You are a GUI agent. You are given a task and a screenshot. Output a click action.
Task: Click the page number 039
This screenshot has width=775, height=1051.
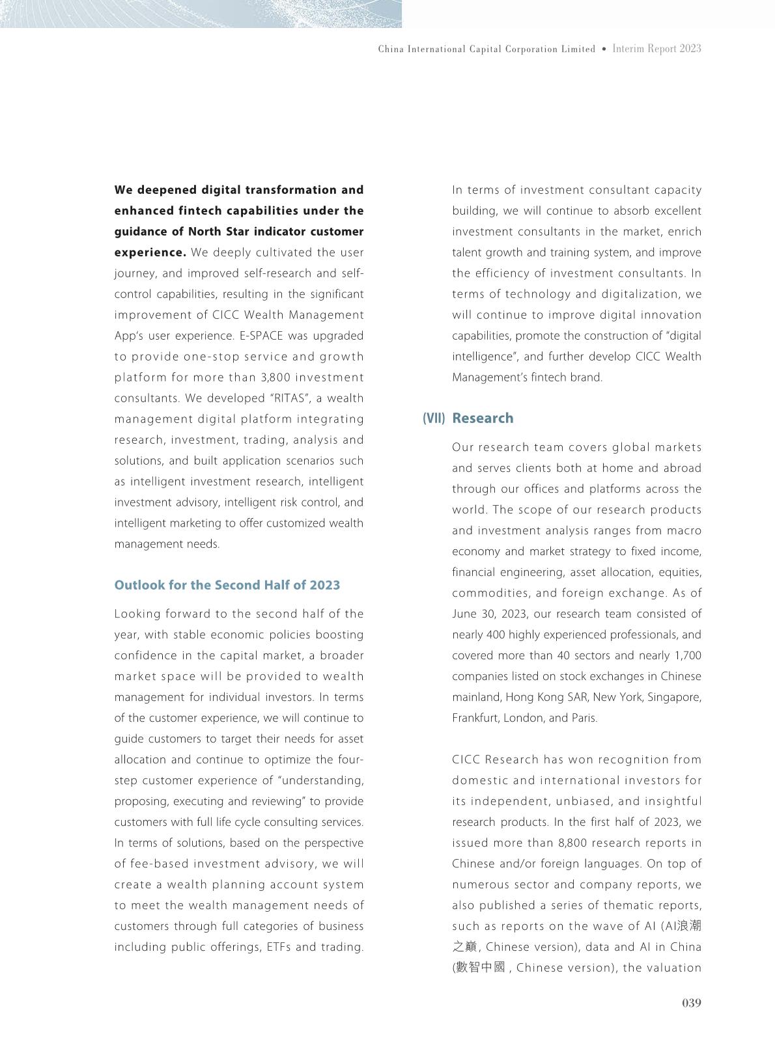tap(691, 1003)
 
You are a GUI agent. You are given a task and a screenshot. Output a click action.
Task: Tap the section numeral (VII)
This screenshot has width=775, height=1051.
tap(434, 418)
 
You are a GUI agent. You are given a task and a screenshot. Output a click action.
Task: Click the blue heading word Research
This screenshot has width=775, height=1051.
tap(483, 418)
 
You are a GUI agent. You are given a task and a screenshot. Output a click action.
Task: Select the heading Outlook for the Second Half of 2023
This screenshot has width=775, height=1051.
tap(227, 585)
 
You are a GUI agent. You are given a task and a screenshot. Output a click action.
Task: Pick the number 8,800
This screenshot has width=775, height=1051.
tap(576, 843)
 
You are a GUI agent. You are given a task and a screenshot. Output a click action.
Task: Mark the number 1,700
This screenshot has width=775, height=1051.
tap(684, 655)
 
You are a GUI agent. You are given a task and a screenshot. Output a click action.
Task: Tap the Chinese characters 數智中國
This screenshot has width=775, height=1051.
tap(481, 967)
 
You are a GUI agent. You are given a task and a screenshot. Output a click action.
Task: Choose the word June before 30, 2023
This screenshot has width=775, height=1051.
tap(464, 614)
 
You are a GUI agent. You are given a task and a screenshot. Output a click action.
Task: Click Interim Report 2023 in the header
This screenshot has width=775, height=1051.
tap(656, 49)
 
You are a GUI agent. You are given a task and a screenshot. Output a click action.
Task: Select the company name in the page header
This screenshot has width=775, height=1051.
tap(486, 49)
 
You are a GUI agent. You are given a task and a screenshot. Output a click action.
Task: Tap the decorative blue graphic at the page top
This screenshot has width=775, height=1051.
tap(201, 14)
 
